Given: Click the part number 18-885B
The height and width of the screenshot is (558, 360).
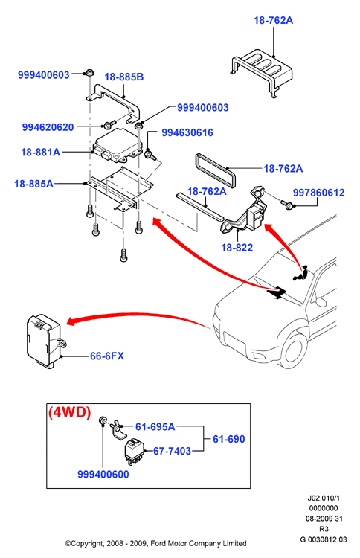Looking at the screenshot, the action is (123, 77).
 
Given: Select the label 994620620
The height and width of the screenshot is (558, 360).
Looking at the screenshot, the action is (48, 127).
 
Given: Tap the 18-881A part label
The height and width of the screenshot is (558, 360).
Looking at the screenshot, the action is (41, 153).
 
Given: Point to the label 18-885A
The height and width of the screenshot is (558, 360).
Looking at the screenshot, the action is (33, 184).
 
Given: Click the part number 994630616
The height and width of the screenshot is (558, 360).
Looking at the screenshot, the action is (187, 132).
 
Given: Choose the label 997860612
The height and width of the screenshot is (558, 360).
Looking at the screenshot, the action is (319, 193).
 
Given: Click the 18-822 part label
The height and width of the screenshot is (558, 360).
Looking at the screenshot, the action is (237, 248).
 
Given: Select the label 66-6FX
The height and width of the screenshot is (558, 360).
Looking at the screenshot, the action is (106, 356).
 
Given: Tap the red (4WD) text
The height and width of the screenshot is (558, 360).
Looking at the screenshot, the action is (70, 412).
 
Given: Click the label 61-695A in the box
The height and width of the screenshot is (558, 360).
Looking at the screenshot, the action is (155, 426).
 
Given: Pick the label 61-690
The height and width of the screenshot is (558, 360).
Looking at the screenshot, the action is (229, 439).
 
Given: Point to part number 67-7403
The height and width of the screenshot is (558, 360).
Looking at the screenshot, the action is (172, 452).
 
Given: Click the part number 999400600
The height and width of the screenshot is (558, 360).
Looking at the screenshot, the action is (103, 475).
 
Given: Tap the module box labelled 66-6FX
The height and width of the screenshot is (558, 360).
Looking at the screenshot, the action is (45, 341).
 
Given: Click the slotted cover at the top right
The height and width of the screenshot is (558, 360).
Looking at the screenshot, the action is (262, 71).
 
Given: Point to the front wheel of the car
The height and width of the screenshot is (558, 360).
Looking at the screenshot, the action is (295, 350).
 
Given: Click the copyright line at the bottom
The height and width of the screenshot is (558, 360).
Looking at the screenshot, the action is (155, 543).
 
